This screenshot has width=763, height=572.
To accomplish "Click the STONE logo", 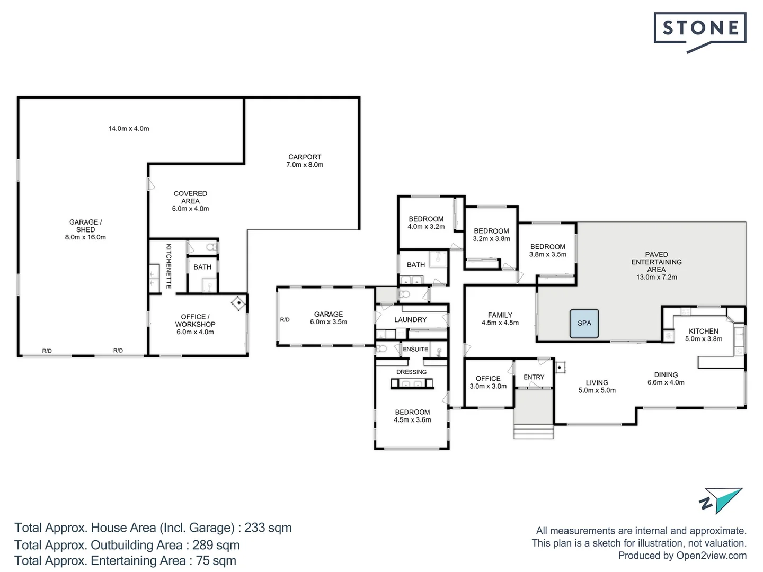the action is tap(700, 32).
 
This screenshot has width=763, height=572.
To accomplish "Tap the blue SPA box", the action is tap(584, 323).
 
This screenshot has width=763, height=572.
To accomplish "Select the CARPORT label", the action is tap(305, 157).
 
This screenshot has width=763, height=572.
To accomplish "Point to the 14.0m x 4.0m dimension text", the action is tap(129, 129).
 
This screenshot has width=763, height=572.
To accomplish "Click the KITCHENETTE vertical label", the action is tap(168, 266).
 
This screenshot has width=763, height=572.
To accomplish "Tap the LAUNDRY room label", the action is tap(410, 319).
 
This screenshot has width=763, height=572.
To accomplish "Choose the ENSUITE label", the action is tap(415, 349).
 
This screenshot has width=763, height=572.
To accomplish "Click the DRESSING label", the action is tap(411, 372).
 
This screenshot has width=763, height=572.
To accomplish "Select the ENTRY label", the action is tap(534, 377).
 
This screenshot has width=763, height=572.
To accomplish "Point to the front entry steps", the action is tap(534, 431).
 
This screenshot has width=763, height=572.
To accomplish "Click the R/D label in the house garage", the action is tap(285, 319).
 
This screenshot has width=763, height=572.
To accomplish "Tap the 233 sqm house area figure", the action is tap(268, 528).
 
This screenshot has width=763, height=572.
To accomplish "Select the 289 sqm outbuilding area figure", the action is tap(216, 545).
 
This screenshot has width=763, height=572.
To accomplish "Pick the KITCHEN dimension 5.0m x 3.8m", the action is tap(704, 338).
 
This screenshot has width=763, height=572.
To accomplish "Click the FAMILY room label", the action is tap(500, 315).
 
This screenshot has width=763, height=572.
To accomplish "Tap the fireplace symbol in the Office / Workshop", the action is tap(239, 303).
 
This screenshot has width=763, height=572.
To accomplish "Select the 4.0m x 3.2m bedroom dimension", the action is tap(426, 227).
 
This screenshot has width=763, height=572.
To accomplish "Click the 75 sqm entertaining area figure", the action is tap(216, 560).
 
